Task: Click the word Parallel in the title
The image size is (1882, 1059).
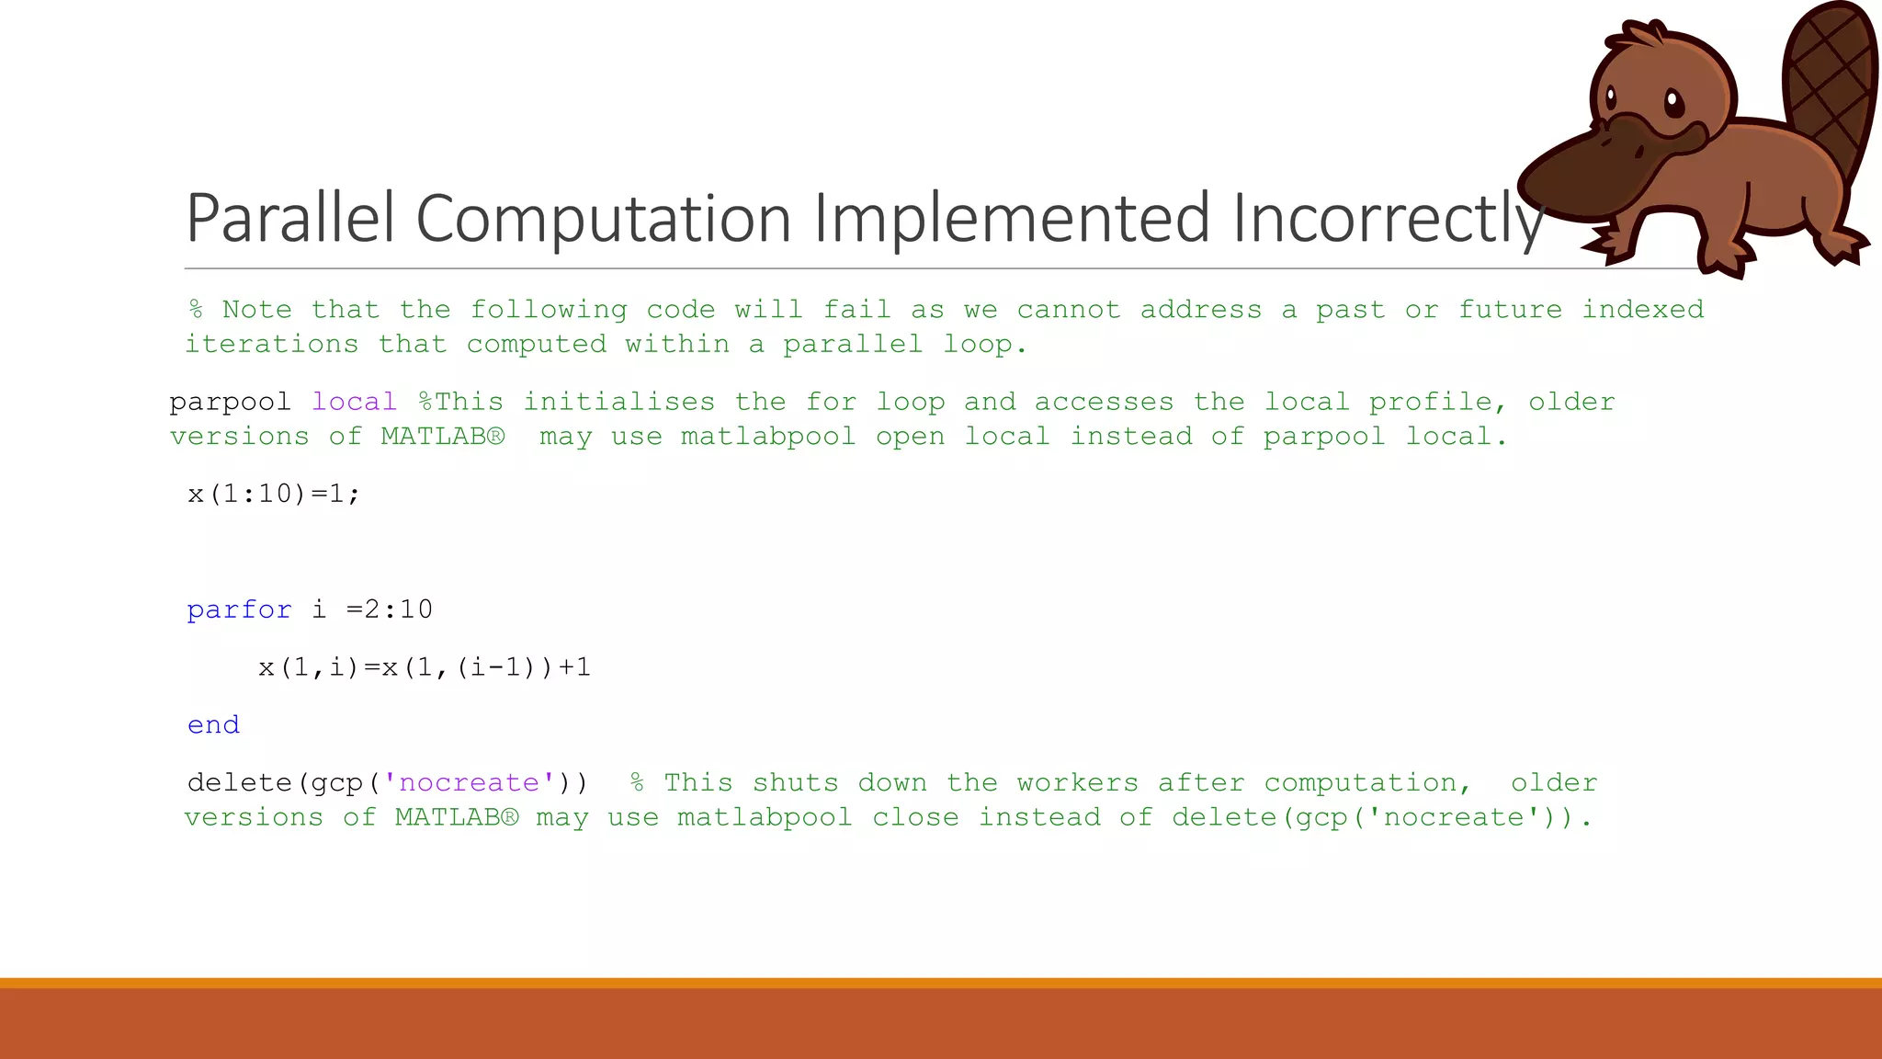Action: (x=290, y=218)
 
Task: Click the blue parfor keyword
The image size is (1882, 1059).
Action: (x=239, y=609)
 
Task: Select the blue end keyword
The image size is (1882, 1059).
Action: (x=213, y=725)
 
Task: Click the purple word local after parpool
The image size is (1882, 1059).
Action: (x=354, y=402)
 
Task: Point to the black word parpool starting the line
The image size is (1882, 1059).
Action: (x=230, y=402)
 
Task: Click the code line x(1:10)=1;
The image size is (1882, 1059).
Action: (x=274, y=494)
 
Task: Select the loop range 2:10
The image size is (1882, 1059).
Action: (x=398, y=609)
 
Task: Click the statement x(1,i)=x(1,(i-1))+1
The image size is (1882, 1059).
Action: (x=425, y=667)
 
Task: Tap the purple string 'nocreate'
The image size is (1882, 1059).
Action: (x=469, y=782)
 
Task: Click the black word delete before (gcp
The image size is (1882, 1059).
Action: (x=239, y=782)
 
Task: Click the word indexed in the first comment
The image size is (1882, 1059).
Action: (x=1642, y=309)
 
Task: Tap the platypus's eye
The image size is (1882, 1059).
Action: (x=1672, y=101)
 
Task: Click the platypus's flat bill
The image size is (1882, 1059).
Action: (x=1590, y=170)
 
